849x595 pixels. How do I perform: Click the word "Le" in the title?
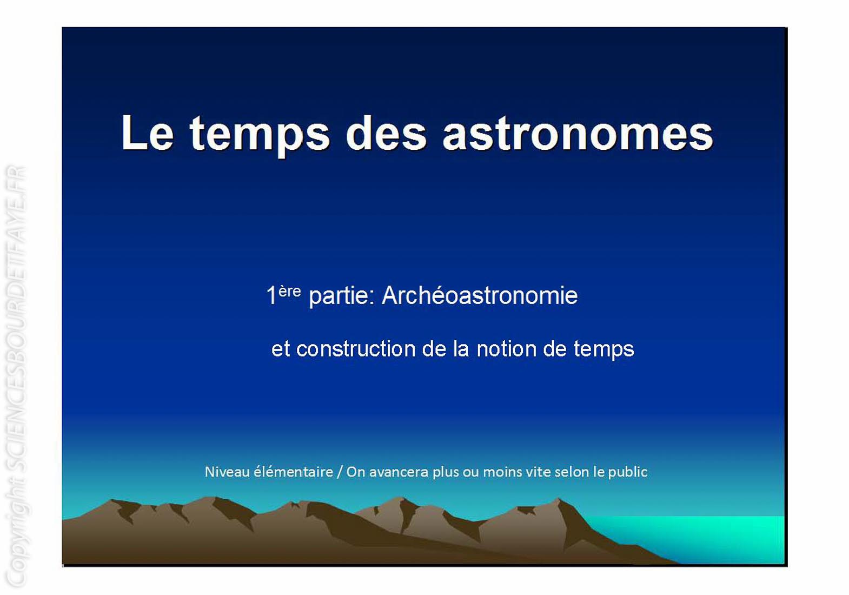click(x=148, y=133)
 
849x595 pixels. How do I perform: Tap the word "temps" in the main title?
click(x=260, y=136)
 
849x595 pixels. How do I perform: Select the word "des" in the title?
click(x=387, y=133)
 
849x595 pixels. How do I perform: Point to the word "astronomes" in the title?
click(x=578, y=134)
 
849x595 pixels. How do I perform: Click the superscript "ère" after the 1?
click(x=289, y=292)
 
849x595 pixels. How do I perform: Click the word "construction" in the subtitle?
click(x=356, y=349)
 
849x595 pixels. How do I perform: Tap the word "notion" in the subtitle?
click(x=506, y=349)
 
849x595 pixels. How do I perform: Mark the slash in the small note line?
click(x=340, y=472)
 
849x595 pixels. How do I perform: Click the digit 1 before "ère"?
click(x=271, y=295)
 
